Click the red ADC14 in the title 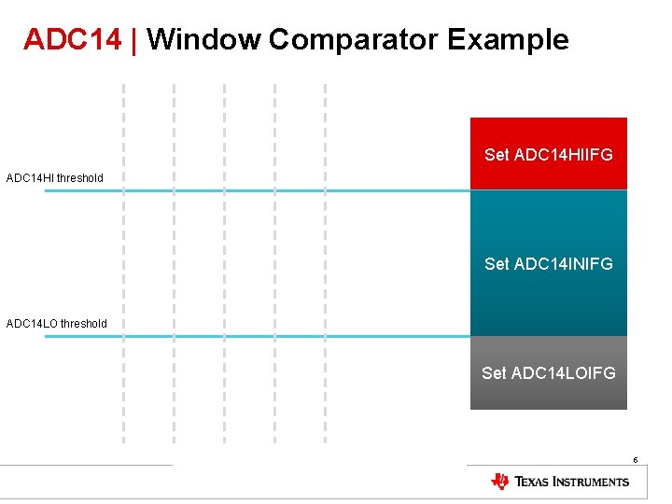(72, 40)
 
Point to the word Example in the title (508, 40)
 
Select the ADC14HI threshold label (55, 177)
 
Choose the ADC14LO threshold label (57, 324)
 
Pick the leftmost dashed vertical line (123, 261)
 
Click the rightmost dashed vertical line (325, 261)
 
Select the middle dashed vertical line (224, 261)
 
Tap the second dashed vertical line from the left (174, 261)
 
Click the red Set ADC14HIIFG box (549, 154)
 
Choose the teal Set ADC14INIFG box (549, 263)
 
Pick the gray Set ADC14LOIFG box (549, 373)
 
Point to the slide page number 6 (635, 460)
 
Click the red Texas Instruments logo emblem (500, 482)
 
